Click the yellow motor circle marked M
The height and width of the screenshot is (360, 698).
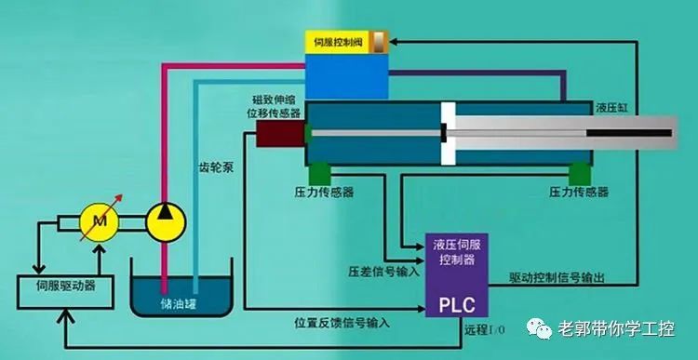[97, 220]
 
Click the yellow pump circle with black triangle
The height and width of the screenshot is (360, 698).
[167, 220]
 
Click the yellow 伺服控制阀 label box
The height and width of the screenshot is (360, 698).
[343, 41]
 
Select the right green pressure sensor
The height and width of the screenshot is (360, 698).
[578, 173]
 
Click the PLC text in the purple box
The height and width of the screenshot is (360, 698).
[452, 303]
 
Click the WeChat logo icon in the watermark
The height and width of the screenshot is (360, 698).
[539, 328]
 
